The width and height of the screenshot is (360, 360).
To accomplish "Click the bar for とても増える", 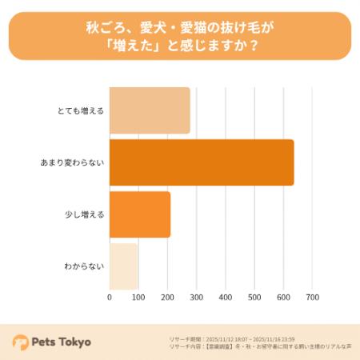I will click(150, 110).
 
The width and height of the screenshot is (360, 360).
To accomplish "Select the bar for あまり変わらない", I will click(202, 162).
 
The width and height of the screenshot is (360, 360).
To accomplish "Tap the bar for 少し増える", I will click(140, 214).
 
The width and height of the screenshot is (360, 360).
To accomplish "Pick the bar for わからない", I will click(124, 265).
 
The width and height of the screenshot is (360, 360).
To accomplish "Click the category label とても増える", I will click(83, 110).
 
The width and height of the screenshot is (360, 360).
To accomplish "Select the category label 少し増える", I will click(85, 214).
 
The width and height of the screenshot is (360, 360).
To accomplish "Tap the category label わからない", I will click(83, 266).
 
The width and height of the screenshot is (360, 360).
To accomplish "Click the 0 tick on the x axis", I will click(110, 297).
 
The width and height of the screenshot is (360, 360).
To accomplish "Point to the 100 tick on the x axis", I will click(138, 297).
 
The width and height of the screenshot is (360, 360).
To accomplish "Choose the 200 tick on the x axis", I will click(167, 297).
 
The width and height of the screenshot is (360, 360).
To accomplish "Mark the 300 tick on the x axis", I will click(197, 297).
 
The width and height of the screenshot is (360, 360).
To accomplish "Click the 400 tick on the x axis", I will click(226, 297).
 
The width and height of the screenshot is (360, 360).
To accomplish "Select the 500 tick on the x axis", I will click(254, 297).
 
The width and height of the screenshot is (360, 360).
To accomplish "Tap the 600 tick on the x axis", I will click(283, 297).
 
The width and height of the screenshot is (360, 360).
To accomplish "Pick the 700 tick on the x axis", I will click(312, 297).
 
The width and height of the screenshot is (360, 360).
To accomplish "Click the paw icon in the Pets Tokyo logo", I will click(20, 342).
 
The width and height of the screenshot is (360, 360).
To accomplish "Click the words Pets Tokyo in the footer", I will click(62, 342).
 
